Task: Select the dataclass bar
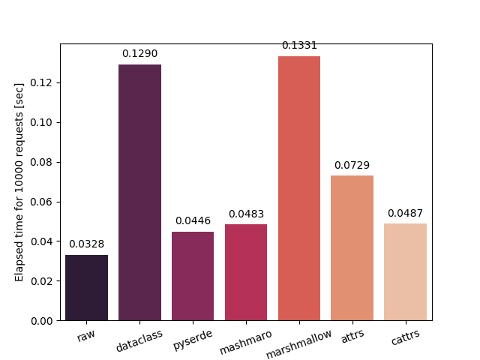point(139,193)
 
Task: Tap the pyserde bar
point(193,276)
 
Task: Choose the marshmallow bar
point(299,188)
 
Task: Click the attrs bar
point(352,248)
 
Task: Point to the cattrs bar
point(405,272)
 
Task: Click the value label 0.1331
point(299,46)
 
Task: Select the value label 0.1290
point(139,54)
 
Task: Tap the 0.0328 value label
point(86,244)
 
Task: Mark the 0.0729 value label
point(352,165)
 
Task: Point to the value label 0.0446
point(193,221)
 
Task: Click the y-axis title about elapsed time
point(20,182)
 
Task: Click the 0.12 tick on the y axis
point(43,82)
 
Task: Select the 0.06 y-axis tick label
point(43,202)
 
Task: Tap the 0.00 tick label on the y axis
point(43,321)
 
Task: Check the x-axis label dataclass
point(139,342)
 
